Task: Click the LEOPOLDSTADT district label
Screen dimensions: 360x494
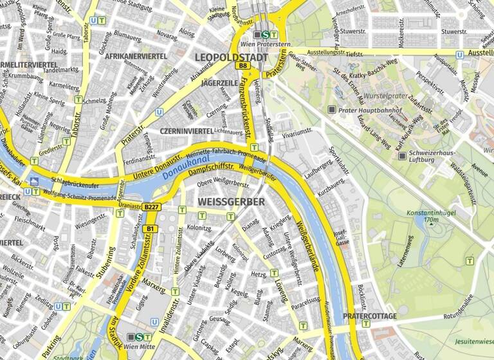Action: point(231,57)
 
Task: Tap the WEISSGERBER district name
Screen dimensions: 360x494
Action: point(232,202)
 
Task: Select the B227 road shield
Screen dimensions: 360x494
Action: point(151,207)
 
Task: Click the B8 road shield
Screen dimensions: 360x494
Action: point(242,66)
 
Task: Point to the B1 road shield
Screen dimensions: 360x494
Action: point(151,229)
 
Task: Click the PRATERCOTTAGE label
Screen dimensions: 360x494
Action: point(369,316)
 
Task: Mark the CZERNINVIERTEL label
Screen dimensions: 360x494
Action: point(187,130)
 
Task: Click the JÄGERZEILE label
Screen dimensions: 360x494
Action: point(219,83)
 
